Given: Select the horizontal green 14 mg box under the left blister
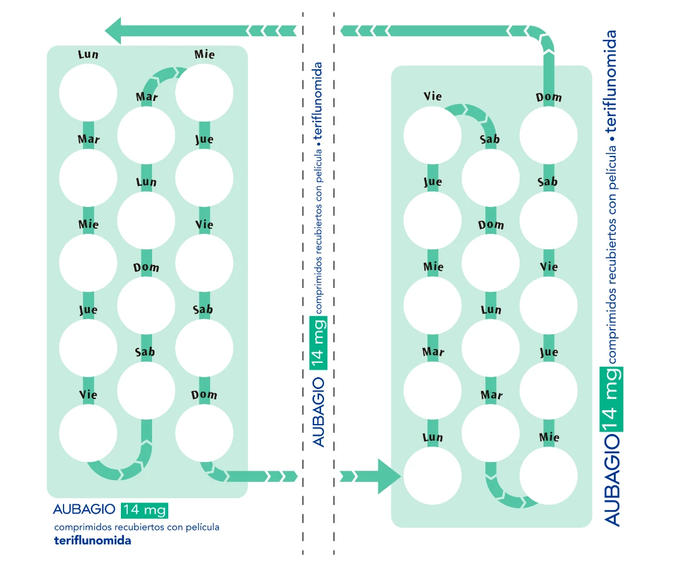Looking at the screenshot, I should (x=145, y=510).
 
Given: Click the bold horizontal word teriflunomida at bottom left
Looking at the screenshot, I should (x=92, y=541).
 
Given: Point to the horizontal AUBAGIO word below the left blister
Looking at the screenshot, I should (x=84, y=510).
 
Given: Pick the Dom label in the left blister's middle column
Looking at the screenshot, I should (x=146, y=267).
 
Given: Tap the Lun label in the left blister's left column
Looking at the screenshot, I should (x=88, y=54).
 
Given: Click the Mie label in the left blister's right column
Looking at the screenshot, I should (x=204, y=54).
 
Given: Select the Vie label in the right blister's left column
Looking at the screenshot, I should (x=432, y=96).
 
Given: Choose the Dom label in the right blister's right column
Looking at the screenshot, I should (x=549, y=97).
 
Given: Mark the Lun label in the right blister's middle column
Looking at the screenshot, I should (x=491, y=310).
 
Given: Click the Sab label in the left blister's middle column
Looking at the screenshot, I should (x=145, y=352).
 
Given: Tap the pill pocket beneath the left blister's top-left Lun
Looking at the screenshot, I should (x=88, y=92).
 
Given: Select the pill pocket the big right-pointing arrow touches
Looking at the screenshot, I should (x=432, y=476).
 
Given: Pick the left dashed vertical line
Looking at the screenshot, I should (x=303, y=281).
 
